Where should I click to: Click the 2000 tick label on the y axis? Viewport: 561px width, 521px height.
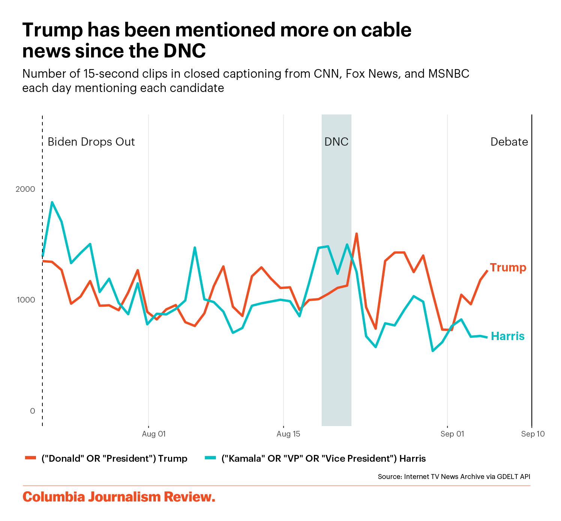(x=25, y=189)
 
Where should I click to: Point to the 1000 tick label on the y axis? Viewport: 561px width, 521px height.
(x=25, y=300)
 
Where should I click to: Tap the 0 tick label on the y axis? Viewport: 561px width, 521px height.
(x=33, y=411)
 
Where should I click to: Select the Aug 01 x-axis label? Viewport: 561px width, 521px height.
(x=154, y=434)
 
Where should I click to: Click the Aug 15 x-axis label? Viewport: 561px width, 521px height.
(x=288, y=434)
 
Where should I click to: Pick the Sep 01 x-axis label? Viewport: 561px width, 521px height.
(x=452, y=434)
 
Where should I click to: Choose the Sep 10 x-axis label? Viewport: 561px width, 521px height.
(x=533, y=434)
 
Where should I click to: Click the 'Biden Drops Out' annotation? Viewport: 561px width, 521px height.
(x=91, y=142)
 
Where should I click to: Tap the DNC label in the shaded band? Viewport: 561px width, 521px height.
(x=336, y=142)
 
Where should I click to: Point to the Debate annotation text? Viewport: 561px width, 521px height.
(x=509, y=142)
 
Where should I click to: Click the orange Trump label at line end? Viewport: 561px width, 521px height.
(x=508, y=268)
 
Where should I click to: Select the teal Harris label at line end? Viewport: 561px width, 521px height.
(x=508, y=336)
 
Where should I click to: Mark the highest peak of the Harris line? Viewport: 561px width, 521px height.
(x=52, y=202)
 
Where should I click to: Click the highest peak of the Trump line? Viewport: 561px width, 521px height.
(x=356, y=233)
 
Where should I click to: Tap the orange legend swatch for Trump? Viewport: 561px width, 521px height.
(x=30, y=458)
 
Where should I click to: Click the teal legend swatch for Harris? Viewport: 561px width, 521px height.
(x=210, y=458)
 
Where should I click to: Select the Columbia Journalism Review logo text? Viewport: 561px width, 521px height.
(x=119, y=497)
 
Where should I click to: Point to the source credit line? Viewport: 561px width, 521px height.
(x=454, y=477)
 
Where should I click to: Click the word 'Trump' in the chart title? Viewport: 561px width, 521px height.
(x=52, y=30)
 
